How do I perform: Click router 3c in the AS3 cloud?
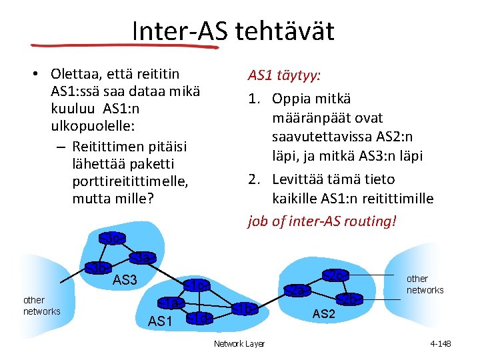point(113,238)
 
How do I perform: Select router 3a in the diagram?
point(143,257)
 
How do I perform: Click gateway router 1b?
point(245,309)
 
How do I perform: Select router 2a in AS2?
point(298,290)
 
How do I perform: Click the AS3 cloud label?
point(124,280)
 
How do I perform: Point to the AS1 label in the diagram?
point(161,321)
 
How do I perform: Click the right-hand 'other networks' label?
point(425,284)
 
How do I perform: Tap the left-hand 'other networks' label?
point(41,306)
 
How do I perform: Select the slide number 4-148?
point(441,343)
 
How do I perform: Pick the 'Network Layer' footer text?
point(239,343)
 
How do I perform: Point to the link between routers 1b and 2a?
point(271,299)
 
